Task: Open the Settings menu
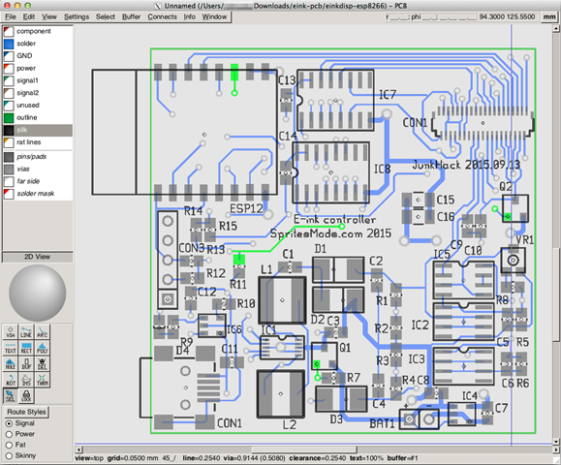tap(77, 16)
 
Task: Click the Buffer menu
tap(132, 16)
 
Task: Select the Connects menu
tap(162, 16)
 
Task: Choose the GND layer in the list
tap(23, 56)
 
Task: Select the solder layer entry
tap(26, 44)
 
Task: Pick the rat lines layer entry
tap(29, 142)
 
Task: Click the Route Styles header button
tap(25, 412)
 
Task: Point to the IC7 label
tap(387, 94)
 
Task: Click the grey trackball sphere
tap(37, 291)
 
